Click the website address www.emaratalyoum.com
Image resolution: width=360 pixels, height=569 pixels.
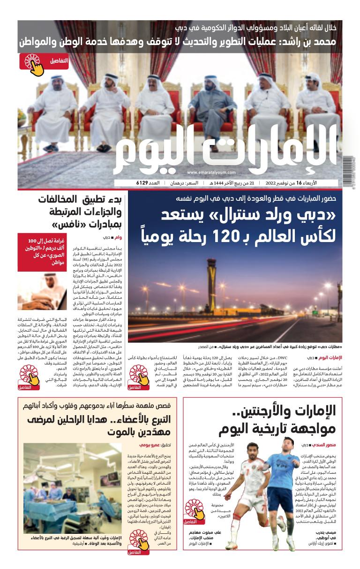[214, 172]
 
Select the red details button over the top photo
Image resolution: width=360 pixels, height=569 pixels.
[37, 61]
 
